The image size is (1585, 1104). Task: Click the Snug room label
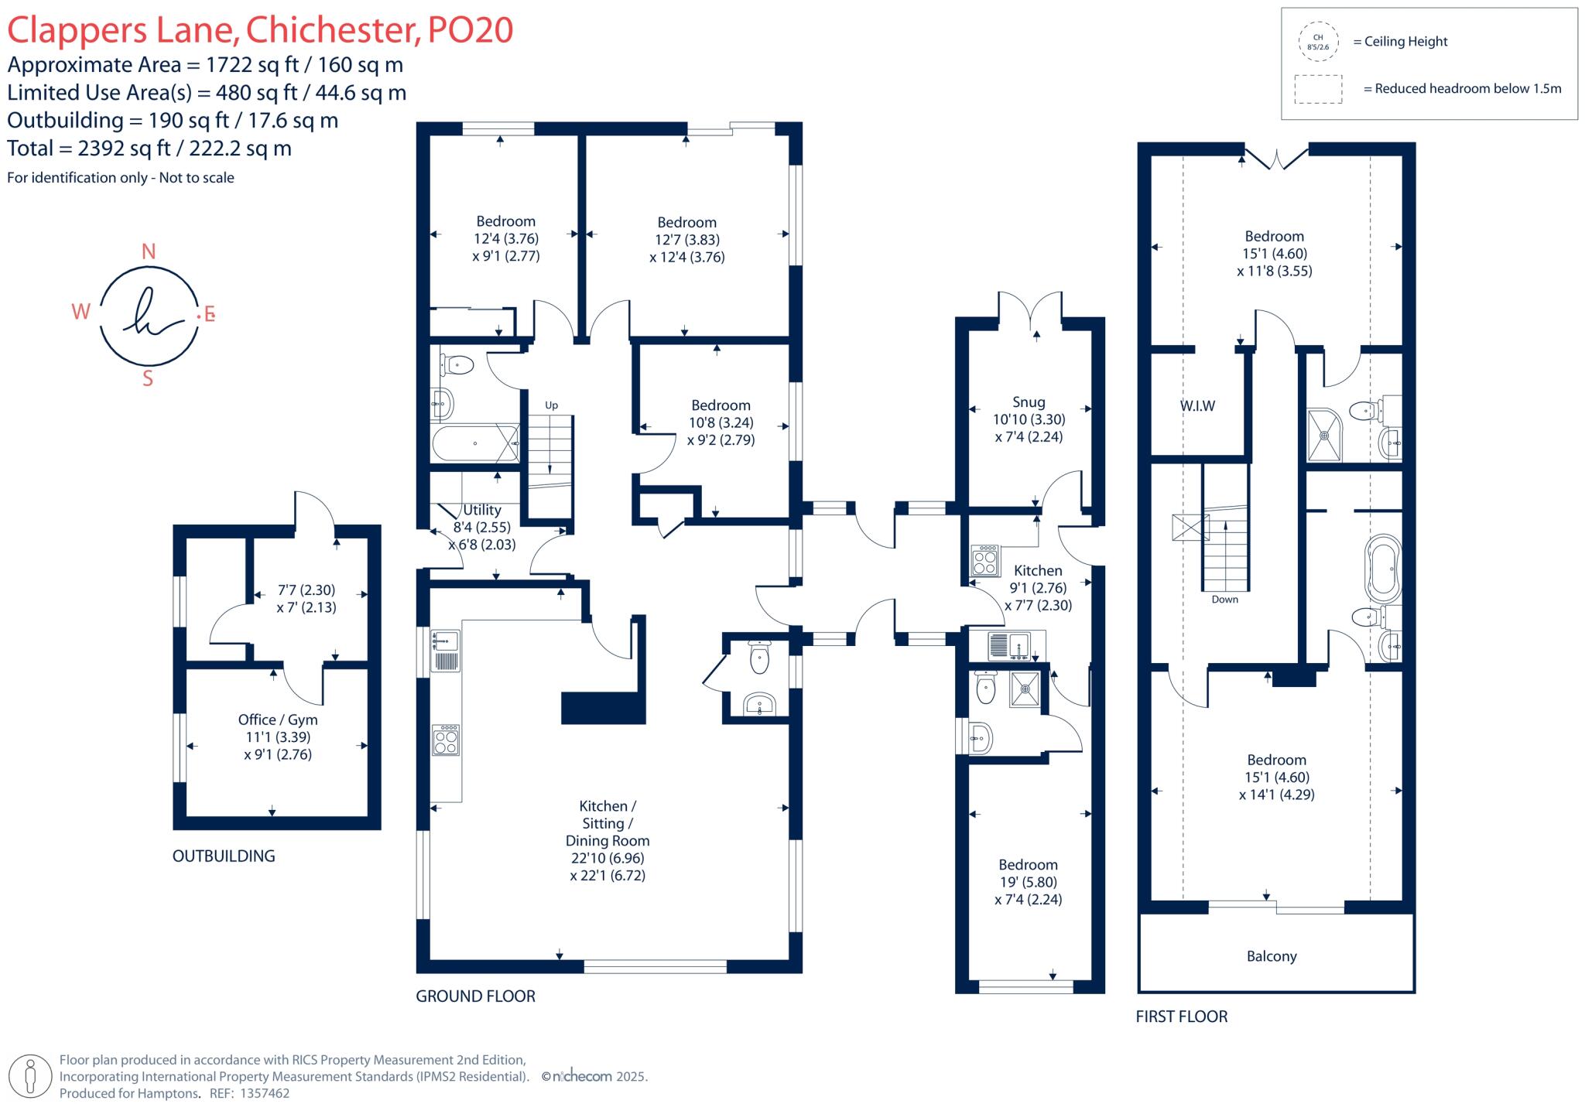(1029, 402)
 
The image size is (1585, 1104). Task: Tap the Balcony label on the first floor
(1271, 956)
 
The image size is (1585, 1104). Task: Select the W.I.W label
(1197, 406)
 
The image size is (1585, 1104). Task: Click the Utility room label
(481, 510)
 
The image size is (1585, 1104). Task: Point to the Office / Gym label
(278, 719)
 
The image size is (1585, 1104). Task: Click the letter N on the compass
(149, 251)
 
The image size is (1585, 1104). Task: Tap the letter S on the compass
(148, 379)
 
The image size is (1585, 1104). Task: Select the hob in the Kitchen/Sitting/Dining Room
(446, 740)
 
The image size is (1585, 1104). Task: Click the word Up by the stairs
(551, 405)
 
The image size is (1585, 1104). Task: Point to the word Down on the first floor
(1224, 600)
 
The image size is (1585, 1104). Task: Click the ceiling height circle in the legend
(1318, 42)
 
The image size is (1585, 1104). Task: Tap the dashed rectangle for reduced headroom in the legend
(1318, 89)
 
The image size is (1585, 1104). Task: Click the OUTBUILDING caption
(224, 856)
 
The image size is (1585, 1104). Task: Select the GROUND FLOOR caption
(475, 996)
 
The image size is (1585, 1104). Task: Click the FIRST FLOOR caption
(1181, 1017)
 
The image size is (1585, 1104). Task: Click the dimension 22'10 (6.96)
(608, 858)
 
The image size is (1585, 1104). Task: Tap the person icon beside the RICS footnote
(31, 1075)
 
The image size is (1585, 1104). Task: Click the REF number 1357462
(265, 1094)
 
